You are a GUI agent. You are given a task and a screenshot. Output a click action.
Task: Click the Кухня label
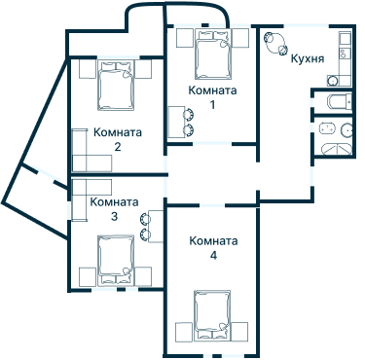[x=308, y=58]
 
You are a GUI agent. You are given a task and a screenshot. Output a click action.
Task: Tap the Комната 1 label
[x=212, y=97]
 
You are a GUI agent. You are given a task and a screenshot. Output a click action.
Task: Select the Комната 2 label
[x=118, y=139]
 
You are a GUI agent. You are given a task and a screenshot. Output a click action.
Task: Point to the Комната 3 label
[x=114, y=209]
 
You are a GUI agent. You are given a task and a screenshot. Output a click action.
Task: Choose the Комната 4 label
[x=213, y=248]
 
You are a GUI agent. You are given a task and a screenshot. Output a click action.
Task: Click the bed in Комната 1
[x=213, y=54]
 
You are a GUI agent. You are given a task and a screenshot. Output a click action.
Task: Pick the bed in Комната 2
[x=116, y=85]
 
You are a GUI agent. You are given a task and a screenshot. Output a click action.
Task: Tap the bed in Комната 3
[x=116, y=261]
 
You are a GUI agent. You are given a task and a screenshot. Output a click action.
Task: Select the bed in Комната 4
[x=212, y=315]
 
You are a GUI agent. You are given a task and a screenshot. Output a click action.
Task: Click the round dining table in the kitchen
[x=275, y=43]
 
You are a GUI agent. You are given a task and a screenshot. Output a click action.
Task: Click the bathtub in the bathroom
[x=337, y=150]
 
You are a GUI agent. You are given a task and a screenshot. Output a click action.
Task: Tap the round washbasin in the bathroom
[x=347, y=130]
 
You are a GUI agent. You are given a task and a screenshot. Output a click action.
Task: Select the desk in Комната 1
[x=176, y=123]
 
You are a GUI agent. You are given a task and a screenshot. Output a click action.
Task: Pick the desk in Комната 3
[x=156, y=226]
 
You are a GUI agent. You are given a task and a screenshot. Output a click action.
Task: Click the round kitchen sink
[x=332, y=81]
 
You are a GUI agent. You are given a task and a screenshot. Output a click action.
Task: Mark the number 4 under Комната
[x=213, y=256]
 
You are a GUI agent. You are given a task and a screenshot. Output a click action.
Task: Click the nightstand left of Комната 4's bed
[x=184, y=331]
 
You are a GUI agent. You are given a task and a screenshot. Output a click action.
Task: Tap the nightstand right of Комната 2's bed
[x=143, y=69]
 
